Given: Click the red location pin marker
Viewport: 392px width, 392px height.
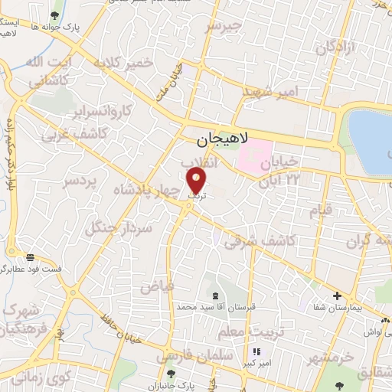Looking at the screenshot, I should pyautogui.click(x=197, y=181).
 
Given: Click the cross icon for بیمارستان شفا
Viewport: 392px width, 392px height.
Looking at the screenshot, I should pyautogui.click(x=337, y=296).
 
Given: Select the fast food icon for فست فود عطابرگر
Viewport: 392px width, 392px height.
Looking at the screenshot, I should pyautogui.click(x=29, y=257).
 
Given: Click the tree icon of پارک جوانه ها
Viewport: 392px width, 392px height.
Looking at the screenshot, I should pyautogui.click(x=53, y=15).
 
